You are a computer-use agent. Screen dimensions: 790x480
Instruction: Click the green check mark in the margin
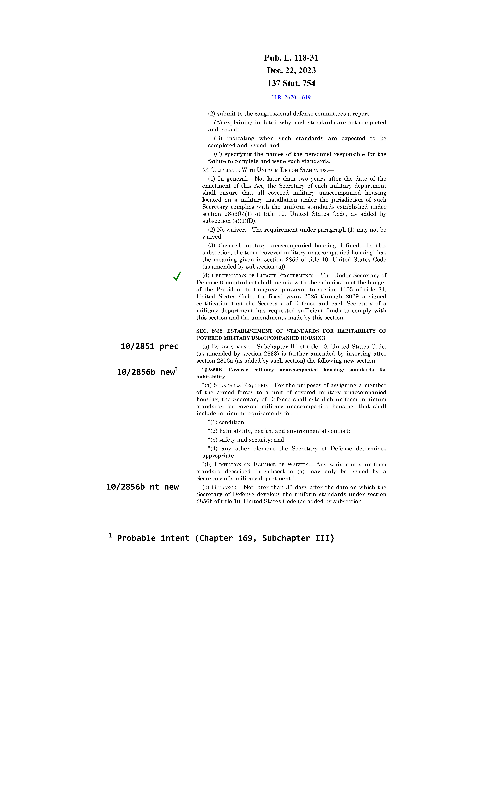tap(177, 276)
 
